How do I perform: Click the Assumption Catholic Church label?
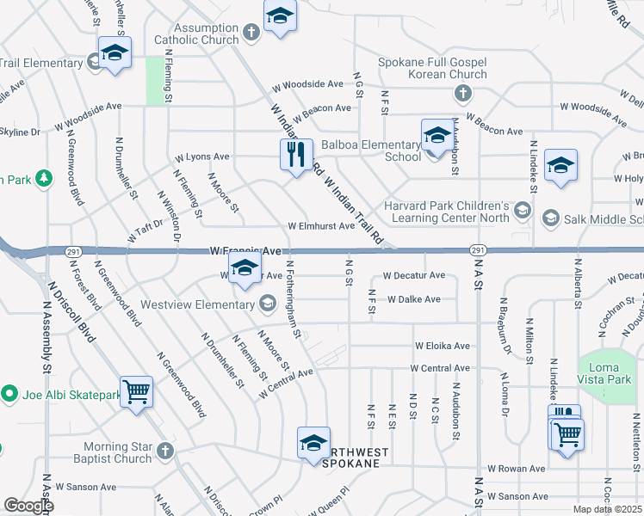(x=196, y=33)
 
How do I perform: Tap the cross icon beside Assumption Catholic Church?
(x=251, y=34)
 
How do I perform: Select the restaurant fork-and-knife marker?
(x=295, y=155)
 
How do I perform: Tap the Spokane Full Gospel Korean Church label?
(x=433, y=68)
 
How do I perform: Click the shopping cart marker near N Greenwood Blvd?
(x=137, y=392)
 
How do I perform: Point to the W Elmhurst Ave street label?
(x=321, y=226)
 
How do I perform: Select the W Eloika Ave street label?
(x=443, y=346)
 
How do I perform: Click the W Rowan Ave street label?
(x=517, y=469)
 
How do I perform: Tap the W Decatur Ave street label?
(x=414, y=276)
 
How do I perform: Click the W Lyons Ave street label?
(x=202, y=157)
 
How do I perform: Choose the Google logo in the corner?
(x=28, y=506)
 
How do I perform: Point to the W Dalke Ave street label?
(x=414, y=299)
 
